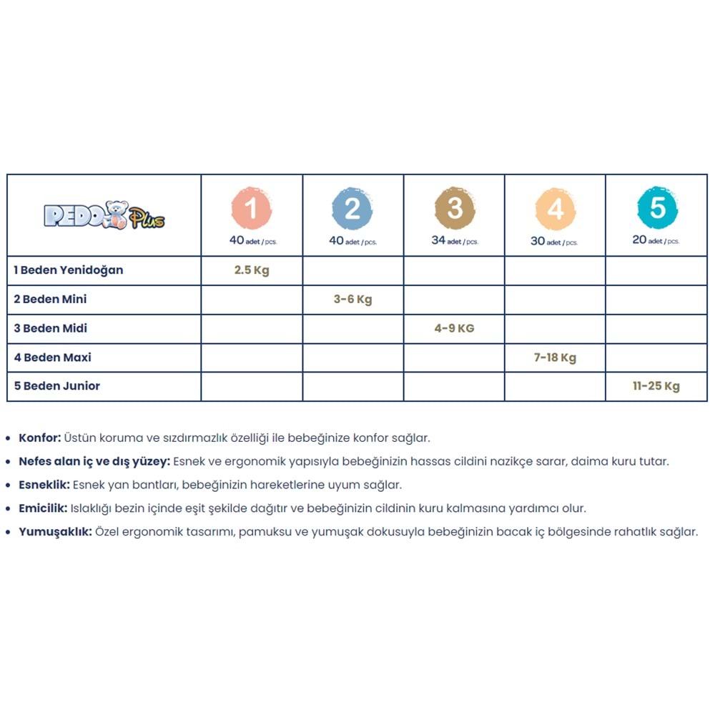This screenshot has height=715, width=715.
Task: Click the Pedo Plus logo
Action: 104,215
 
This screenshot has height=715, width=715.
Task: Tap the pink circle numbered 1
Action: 252,208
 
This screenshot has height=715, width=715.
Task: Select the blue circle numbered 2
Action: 352,208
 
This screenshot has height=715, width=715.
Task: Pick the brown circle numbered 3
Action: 454,208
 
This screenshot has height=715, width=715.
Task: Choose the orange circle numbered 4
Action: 555,209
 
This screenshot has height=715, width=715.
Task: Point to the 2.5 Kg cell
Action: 252,271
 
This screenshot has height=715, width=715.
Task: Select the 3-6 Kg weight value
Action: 352,300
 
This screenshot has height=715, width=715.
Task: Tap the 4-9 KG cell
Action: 454,329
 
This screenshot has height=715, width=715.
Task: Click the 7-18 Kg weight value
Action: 555,357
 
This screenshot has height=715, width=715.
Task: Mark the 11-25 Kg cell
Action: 656,386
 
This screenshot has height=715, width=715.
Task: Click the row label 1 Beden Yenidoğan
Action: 69,270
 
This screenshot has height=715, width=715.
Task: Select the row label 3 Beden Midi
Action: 50,328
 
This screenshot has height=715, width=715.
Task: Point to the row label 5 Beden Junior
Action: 57,386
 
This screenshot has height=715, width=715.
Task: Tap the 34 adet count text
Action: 454,241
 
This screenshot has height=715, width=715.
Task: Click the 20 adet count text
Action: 656,240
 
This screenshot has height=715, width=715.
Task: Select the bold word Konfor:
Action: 39,438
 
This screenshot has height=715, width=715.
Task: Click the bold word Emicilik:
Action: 43,508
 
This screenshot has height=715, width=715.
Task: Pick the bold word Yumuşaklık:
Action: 55,532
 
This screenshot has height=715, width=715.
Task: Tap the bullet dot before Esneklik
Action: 8,485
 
